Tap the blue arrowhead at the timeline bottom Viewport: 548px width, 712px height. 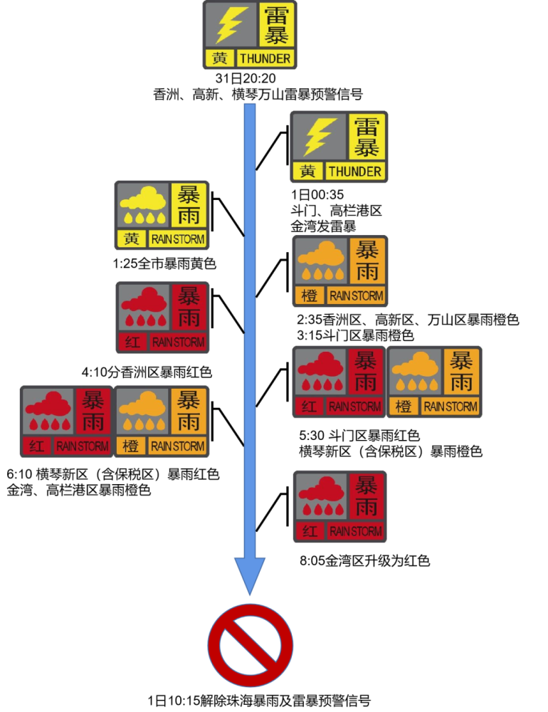tap(250, 575)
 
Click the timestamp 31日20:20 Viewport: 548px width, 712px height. tap(246, 78)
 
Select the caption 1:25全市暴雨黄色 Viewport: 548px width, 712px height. tap(164, 263)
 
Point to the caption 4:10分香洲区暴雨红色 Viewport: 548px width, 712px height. tap(147, 372)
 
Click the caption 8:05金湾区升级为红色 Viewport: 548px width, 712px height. tap(364, 561)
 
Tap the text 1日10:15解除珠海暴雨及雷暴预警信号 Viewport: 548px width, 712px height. tap(259, 701)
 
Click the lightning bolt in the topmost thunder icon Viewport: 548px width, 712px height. tap(231, 24)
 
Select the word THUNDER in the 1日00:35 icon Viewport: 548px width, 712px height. tap(355, 172)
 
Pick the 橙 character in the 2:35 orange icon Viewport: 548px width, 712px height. tap(309, 296)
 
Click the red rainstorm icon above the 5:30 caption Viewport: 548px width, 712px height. tap(339, 382)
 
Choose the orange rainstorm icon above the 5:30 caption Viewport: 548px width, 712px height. tap(434, 382)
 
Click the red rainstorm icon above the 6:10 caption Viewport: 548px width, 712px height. tap(67, 422)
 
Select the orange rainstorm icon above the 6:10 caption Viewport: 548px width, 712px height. tap(161, 422)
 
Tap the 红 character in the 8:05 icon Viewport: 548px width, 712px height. tap(310, 531)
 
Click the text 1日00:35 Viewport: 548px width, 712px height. tap(317, 195)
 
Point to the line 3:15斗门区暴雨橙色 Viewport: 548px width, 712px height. tap(356, 335)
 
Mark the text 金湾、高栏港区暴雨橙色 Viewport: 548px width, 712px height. tap(78, 491)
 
